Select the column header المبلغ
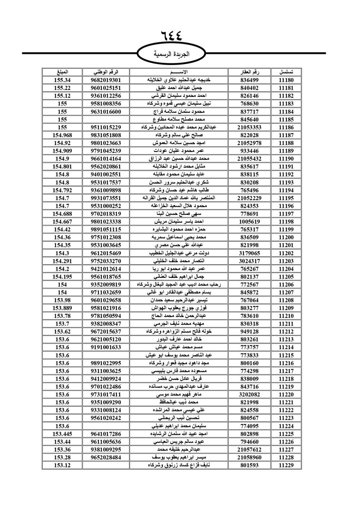pyautogui.click(x=62, y=72)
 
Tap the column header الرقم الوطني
pyautogui.click(x=106, y=72)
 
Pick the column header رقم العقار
pyautogui.click(x=249, y=72)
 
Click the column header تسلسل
pyautogui.click(x=286, y=72)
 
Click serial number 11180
pyautogui.click(x=286, y=80)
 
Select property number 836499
pyautogui.click(x=249, y=80)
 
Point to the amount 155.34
pyautogui.click(x=62, y=80)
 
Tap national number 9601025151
pyautogui.click(x=106, y=88)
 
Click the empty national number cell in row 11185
pyautogui.click(x=106, y=120)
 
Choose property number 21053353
pyautogui.click(x=249, y=127)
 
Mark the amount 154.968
pyautogui.click(x=62, y=135)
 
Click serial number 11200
pyautogui.click(x=286, y=238)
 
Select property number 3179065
pyautogui.click(x=249, y=253)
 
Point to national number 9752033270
pyautogui.click(x=106, y=261)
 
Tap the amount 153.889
pyautogui.click(x=62, y=308)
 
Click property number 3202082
pyautogui.click(x=249, y=395)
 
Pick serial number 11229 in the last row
pyautogui.click(x=286, y=465)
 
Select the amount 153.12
pyautogui.click(x=62, y=465)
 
